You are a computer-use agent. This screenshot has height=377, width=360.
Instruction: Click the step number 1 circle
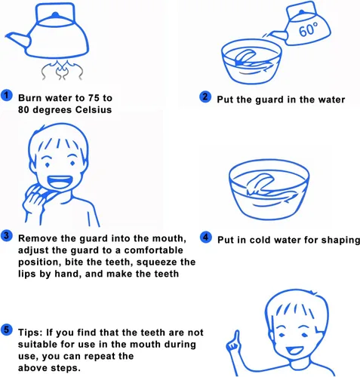(7, 96)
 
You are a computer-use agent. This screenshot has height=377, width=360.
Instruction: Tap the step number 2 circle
(205, 97)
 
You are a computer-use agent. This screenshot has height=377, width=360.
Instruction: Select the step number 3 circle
(7, 236)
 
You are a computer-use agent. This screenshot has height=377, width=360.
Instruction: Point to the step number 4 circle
(205, 238)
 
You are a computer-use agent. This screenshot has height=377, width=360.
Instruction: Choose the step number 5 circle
(7, 330)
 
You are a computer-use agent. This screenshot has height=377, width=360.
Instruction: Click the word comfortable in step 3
(153, 250)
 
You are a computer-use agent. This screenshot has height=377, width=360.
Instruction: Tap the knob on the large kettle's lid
(55, 14)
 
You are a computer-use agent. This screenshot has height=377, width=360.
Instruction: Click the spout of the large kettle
(17, 39)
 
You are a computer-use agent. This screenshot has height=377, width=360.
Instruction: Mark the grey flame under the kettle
(62, 70)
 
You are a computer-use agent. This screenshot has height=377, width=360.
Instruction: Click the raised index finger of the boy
(235, 338)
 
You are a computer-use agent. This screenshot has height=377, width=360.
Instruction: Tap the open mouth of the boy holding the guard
(60, 182)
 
